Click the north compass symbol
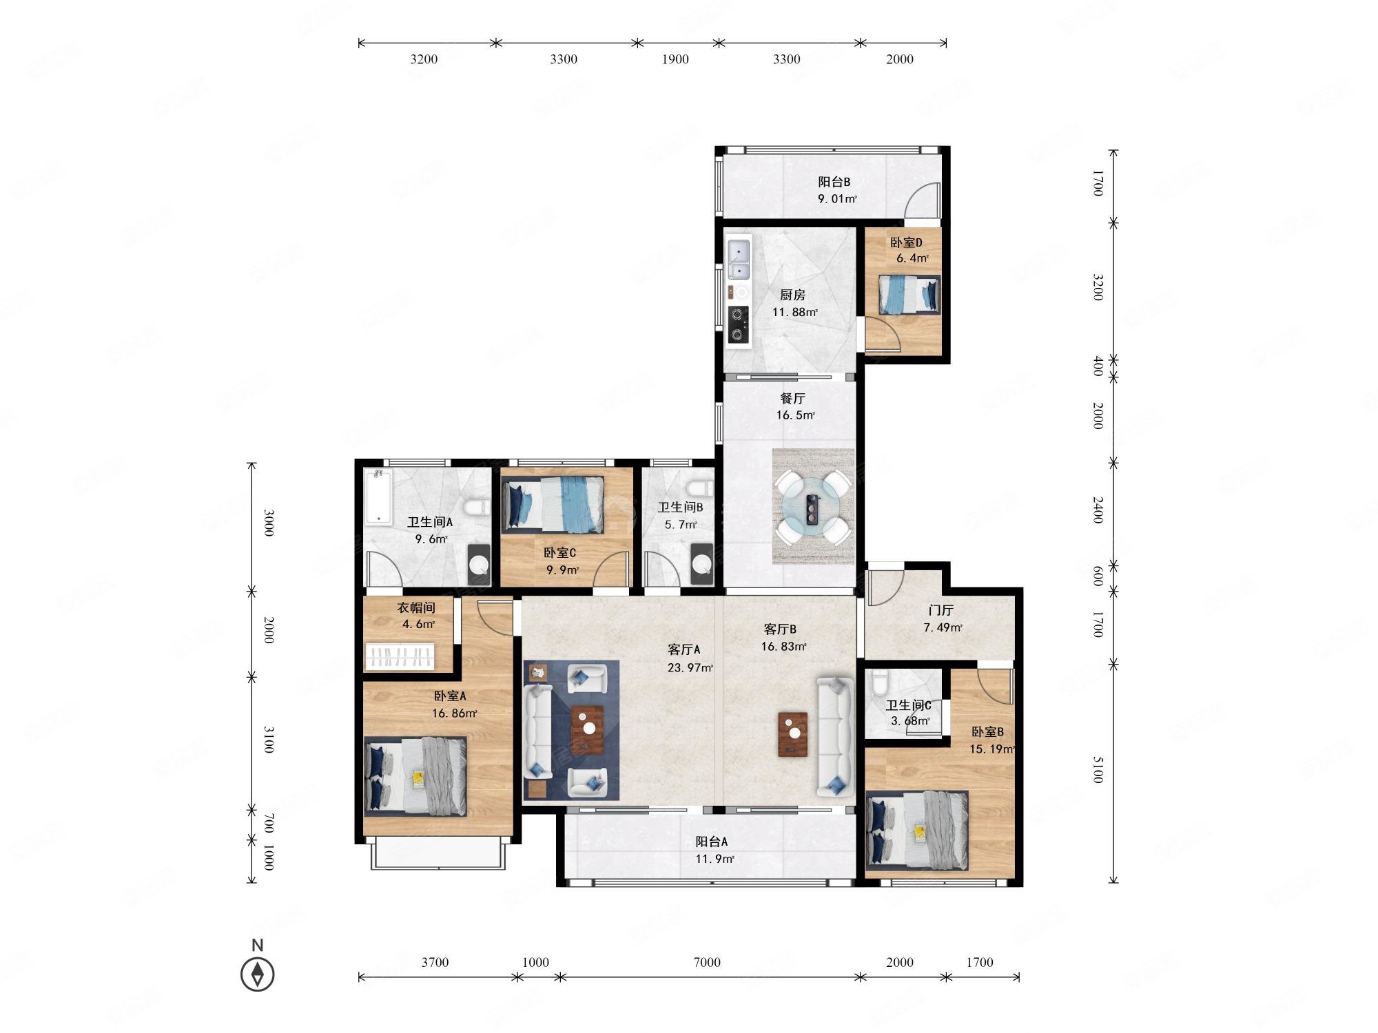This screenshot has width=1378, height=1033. (258, 974)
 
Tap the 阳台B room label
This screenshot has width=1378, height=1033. (834, 182)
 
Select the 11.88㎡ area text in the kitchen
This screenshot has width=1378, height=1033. (794, 312)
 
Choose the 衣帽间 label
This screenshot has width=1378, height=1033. (415, 607)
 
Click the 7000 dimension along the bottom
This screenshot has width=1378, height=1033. (707, 962)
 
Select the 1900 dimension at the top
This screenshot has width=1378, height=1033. (675, 59)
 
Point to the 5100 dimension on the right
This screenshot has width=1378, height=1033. (1098, 769)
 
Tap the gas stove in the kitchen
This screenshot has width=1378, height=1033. (739, 324)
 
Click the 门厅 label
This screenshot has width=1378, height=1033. (940, 610)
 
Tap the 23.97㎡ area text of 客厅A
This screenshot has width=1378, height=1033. (690, 667)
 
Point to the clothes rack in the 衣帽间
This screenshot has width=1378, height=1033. (400, 656)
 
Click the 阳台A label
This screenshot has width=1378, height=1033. (711, 842)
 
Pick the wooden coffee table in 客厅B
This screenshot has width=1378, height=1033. (793, 734)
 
